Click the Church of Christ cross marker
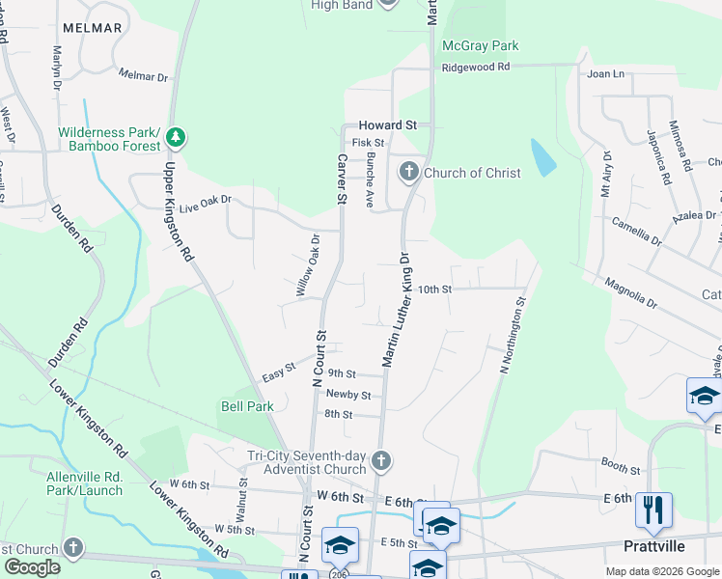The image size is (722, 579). click(x=408, y=173)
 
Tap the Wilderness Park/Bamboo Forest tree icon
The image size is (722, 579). click(x=175, y=137)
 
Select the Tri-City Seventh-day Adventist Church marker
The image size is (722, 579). click(x=381, y=460)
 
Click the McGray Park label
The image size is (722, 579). click(x=480, y=45)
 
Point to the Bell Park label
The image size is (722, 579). click(x=247, y=406)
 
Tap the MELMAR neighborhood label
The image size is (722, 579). click(x=92, y=28)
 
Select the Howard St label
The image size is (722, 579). click(x=387, y=125)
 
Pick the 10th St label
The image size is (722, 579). click(x=435, y=289)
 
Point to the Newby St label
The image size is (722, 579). click(x=348, y=394)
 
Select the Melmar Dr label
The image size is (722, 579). click(x=143, y=74)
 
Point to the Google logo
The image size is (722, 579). click(x=32, y=567)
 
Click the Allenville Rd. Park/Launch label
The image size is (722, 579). click(x=85, y=483)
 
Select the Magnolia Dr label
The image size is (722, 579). click(x=630, y=293)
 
